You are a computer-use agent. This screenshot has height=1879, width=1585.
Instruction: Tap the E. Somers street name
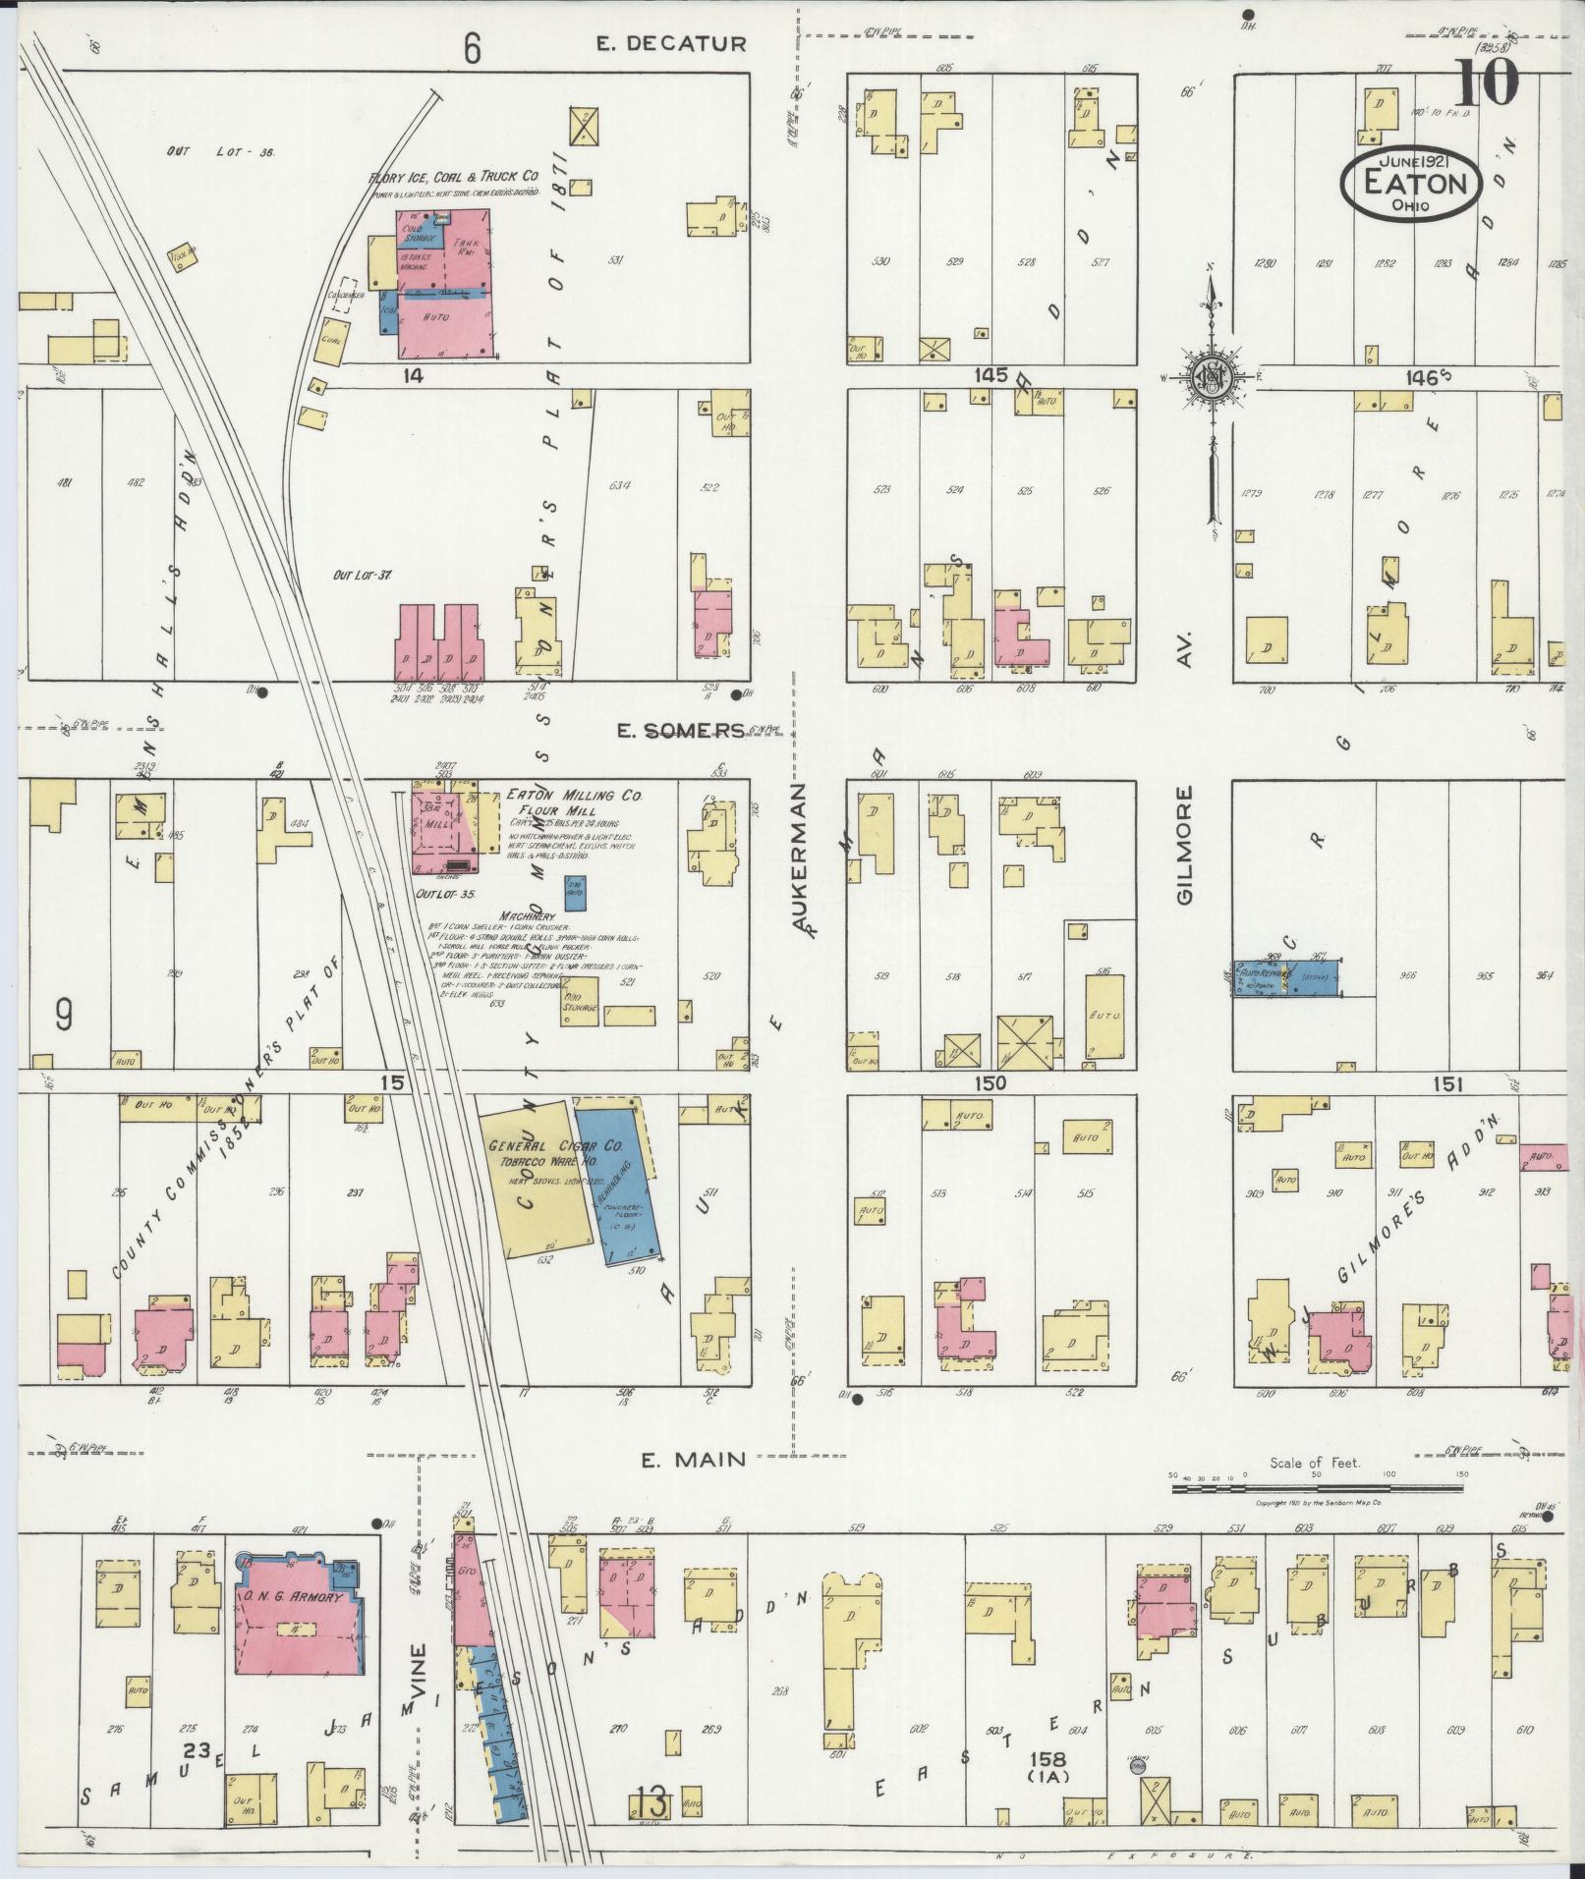[x=680, y=730]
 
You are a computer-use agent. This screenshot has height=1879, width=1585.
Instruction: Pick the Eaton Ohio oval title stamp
[x=1411, y=184]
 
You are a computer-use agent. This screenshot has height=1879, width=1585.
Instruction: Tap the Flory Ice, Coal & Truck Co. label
[x=454, y=177]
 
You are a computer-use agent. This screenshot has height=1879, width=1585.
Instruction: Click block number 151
[x=1447, y=1084]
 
